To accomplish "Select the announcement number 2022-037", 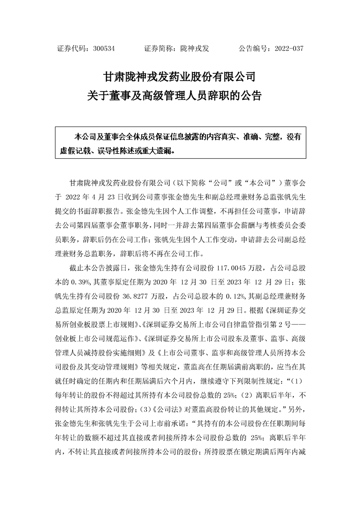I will [286, 49].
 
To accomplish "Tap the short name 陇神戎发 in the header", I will [194, 49].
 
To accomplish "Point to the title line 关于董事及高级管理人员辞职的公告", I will [180, 96].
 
